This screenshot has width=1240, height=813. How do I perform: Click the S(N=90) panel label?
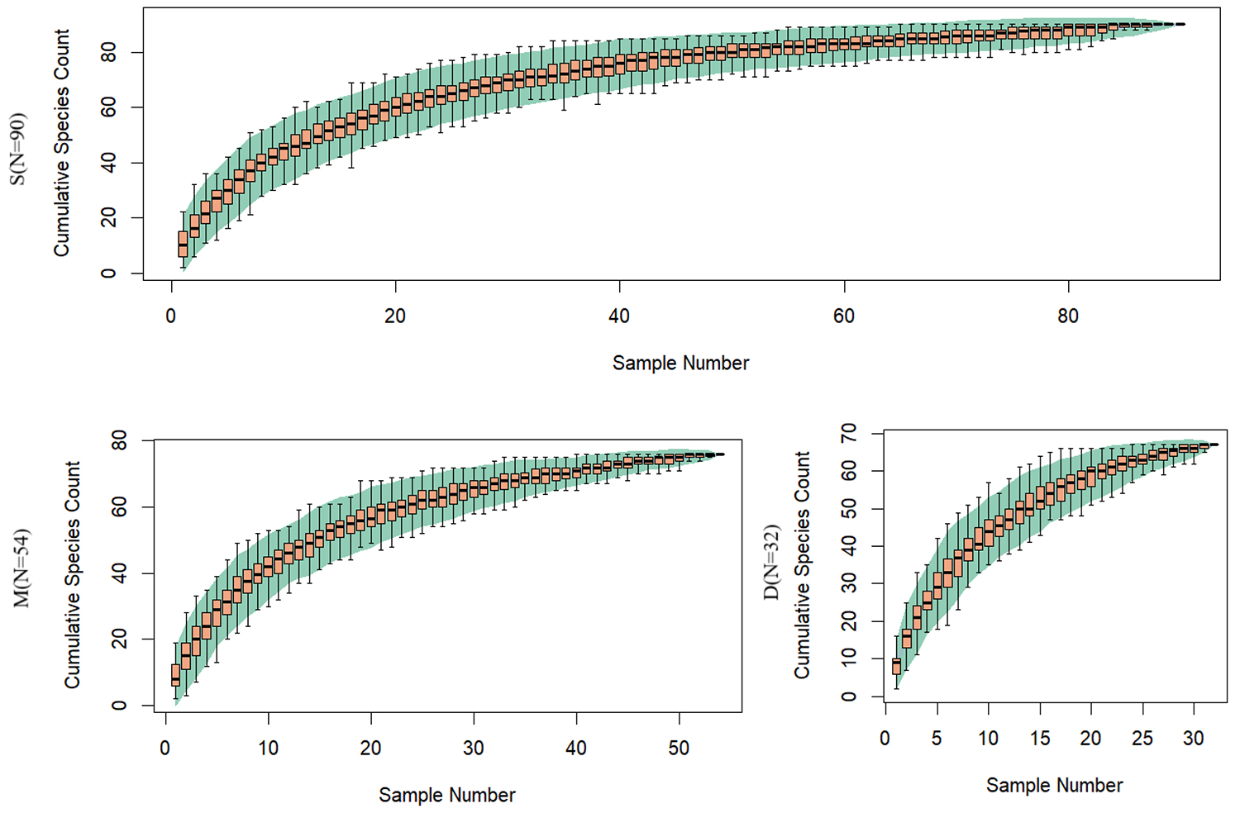(18, 149)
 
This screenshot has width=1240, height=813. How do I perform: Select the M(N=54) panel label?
(22, 568)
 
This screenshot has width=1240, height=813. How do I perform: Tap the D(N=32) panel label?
(772, 562)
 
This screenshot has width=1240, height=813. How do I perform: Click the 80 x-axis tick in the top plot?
(1068, 316)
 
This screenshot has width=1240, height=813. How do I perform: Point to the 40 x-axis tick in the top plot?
(619, 316)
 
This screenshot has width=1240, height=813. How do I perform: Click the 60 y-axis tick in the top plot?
(108, 108)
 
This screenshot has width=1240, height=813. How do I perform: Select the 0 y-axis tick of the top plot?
(108, 273)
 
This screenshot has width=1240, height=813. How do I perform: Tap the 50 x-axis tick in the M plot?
(679, 749)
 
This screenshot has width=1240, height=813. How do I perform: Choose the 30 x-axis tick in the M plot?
(474, 749)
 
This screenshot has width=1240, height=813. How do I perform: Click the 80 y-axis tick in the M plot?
(120, 442)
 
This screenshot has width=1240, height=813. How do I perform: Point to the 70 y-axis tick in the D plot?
(849, 433)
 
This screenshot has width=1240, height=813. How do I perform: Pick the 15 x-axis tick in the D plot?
(1040, 739)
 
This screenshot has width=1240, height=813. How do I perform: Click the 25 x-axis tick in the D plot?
(1142, 739)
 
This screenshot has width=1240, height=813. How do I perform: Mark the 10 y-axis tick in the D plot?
(849, 658)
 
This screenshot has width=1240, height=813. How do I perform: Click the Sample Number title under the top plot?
(680, 364)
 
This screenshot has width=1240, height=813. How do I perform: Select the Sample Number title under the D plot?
(1054, 786)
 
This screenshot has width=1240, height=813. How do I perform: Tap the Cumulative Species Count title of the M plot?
(73, 575)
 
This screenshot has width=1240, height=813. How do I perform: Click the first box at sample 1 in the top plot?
(183, 245)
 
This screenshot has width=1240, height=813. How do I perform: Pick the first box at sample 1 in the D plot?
(896, 666)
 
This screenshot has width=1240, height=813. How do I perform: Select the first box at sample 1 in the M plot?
(175, 675)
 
